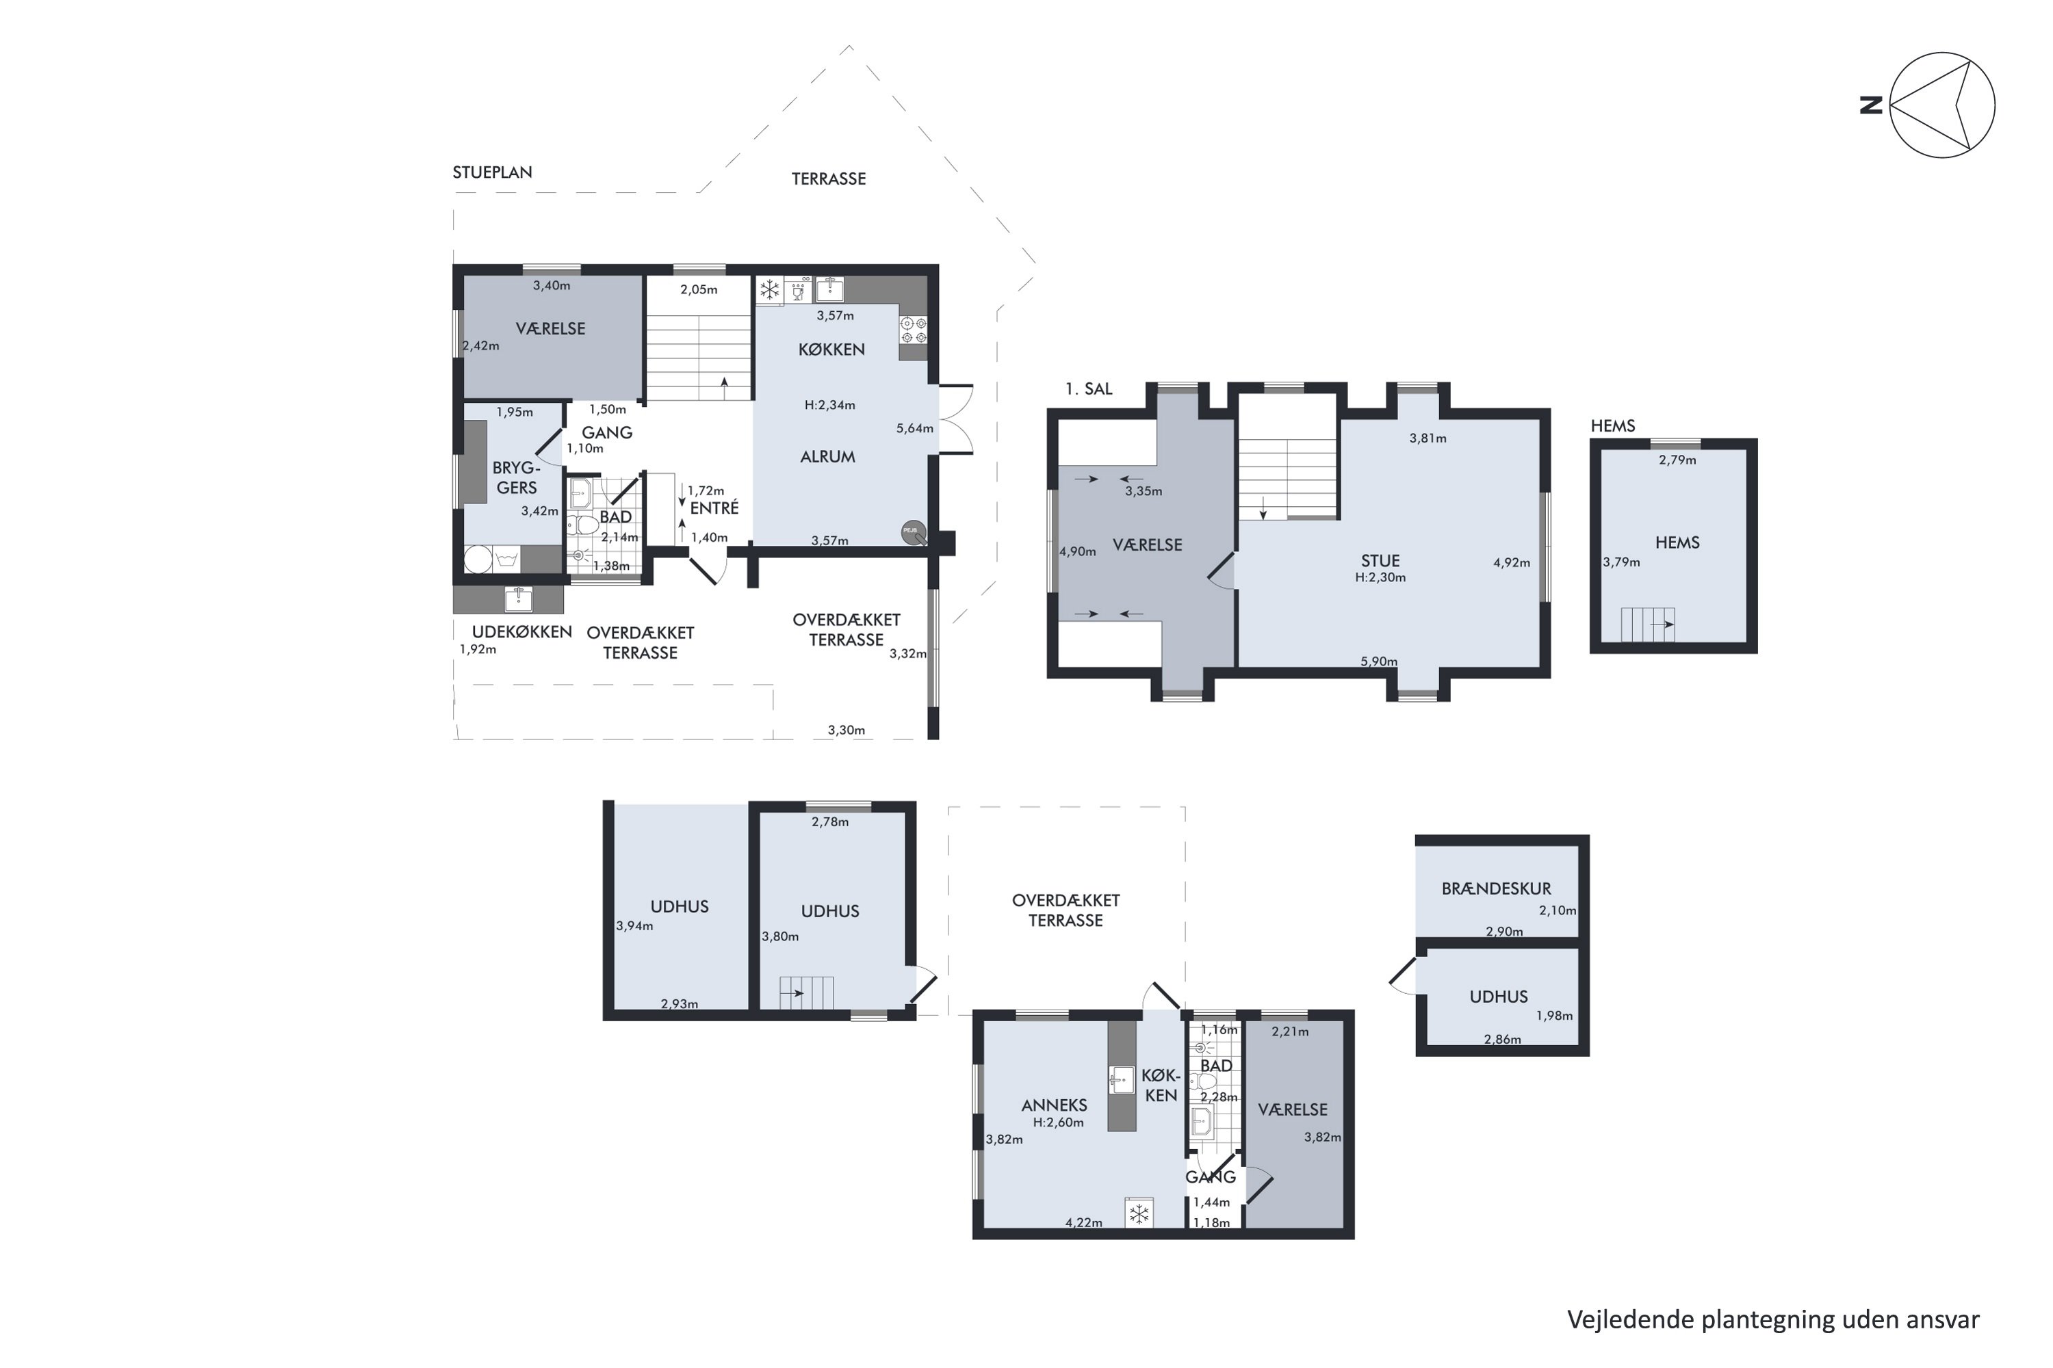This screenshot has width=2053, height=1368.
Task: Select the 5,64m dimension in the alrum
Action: (914, 428)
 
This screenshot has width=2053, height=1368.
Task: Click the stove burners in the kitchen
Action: (913, 330)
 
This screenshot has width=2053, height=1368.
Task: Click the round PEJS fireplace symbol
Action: (912, 531)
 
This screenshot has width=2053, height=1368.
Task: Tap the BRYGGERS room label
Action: (516, 478)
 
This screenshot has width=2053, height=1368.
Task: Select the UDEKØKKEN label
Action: (521, 631)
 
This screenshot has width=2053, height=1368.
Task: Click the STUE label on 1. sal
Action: (1380, 561)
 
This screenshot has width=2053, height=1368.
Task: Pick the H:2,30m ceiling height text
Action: (1380, 577)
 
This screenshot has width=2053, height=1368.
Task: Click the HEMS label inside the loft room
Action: (1677, 542)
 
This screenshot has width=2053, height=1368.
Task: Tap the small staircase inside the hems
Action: (1648, 624)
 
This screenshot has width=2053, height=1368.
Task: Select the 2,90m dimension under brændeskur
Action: (1504, 932)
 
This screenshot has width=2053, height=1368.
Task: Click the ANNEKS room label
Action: (1054, 1105)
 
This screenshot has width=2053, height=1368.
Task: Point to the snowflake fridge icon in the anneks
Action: (1139, 1213)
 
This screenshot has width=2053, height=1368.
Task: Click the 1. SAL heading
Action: (1089, 389)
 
